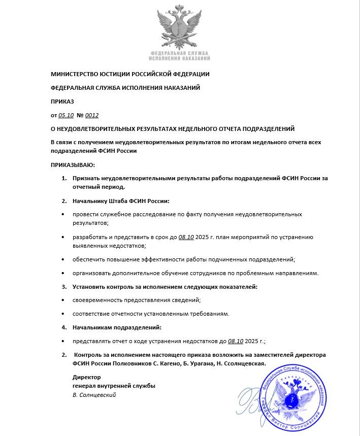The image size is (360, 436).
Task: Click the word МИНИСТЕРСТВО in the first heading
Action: [77, 74]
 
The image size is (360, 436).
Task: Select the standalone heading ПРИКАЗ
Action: [62, 102]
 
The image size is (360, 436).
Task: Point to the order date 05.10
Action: [67, 115]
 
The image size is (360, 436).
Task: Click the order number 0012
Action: [91, 115]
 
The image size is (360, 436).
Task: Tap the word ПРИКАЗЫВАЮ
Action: [73, 165]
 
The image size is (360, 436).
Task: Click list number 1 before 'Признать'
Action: [64, 178]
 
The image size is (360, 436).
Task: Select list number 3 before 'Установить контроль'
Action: [64, 287]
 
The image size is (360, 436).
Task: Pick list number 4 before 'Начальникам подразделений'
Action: [64, 327]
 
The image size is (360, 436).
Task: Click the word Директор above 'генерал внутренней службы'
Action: [86, 377]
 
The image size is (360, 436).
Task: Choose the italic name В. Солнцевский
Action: [94, 395]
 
